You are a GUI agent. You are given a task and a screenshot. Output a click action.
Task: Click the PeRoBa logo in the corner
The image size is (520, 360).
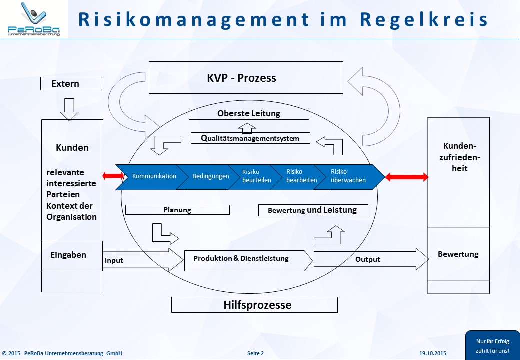33,19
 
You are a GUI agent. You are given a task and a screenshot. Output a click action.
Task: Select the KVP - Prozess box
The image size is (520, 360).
246,78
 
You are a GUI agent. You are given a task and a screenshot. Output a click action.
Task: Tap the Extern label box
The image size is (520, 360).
71,84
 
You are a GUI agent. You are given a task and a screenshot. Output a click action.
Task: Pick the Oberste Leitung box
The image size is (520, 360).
249,114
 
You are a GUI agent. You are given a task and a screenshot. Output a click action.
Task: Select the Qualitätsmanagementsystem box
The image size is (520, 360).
250,138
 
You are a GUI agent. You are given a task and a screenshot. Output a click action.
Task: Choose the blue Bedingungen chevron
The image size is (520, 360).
210,176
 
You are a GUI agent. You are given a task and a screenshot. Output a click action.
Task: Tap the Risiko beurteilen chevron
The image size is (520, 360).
254,176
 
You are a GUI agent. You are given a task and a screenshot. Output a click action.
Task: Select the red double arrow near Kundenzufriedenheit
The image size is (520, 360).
407,177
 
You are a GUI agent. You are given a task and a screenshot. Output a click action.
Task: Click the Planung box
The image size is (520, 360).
177,210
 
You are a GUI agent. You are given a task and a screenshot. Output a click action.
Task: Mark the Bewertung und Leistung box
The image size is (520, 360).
313,210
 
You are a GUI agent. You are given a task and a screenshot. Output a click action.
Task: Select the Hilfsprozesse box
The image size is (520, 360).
254,305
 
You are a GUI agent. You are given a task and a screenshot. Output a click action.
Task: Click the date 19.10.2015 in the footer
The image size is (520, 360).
433,354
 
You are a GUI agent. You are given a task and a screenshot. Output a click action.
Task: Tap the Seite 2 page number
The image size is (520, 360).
255,354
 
